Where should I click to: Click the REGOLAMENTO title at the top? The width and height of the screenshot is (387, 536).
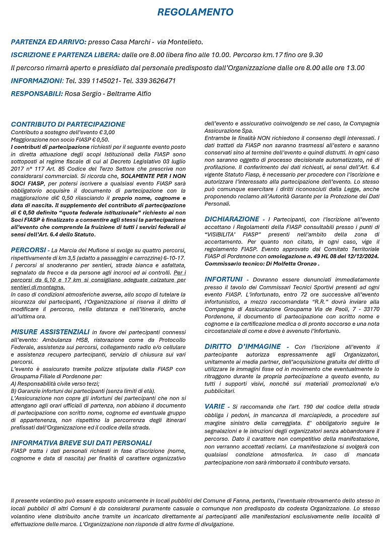tap(195, 12)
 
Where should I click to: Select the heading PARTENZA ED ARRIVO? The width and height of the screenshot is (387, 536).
tap(48, 42)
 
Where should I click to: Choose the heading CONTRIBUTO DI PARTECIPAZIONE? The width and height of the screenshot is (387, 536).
tap(68, 124)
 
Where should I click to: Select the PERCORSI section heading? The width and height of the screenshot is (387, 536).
tap(28, 250)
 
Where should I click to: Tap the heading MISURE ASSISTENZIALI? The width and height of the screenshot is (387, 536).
tap(50, 332)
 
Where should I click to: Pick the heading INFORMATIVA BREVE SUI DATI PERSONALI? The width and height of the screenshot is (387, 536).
tap(81, 443)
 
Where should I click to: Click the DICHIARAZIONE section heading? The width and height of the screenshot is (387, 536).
tap(232, 219)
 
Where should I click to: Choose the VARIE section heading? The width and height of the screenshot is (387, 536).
tap(215, 406)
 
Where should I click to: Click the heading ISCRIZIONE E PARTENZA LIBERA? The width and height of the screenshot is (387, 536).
tap(66, 55)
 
